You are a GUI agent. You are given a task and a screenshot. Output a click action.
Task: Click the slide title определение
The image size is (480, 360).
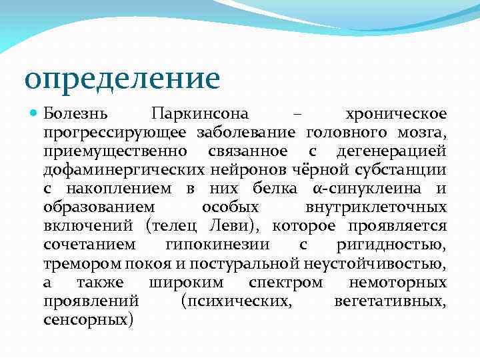click(121, 78)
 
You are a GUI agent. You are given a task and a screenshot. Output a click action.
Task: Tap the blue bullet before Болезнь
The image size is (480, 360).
click(35, 114)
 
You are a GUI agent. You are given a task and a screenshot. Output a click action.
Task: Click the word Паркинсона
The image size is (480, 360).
click(199, 114)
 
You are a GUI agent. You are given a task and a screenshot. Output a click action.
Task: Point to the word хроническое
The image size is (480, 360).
click(397, 114)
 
